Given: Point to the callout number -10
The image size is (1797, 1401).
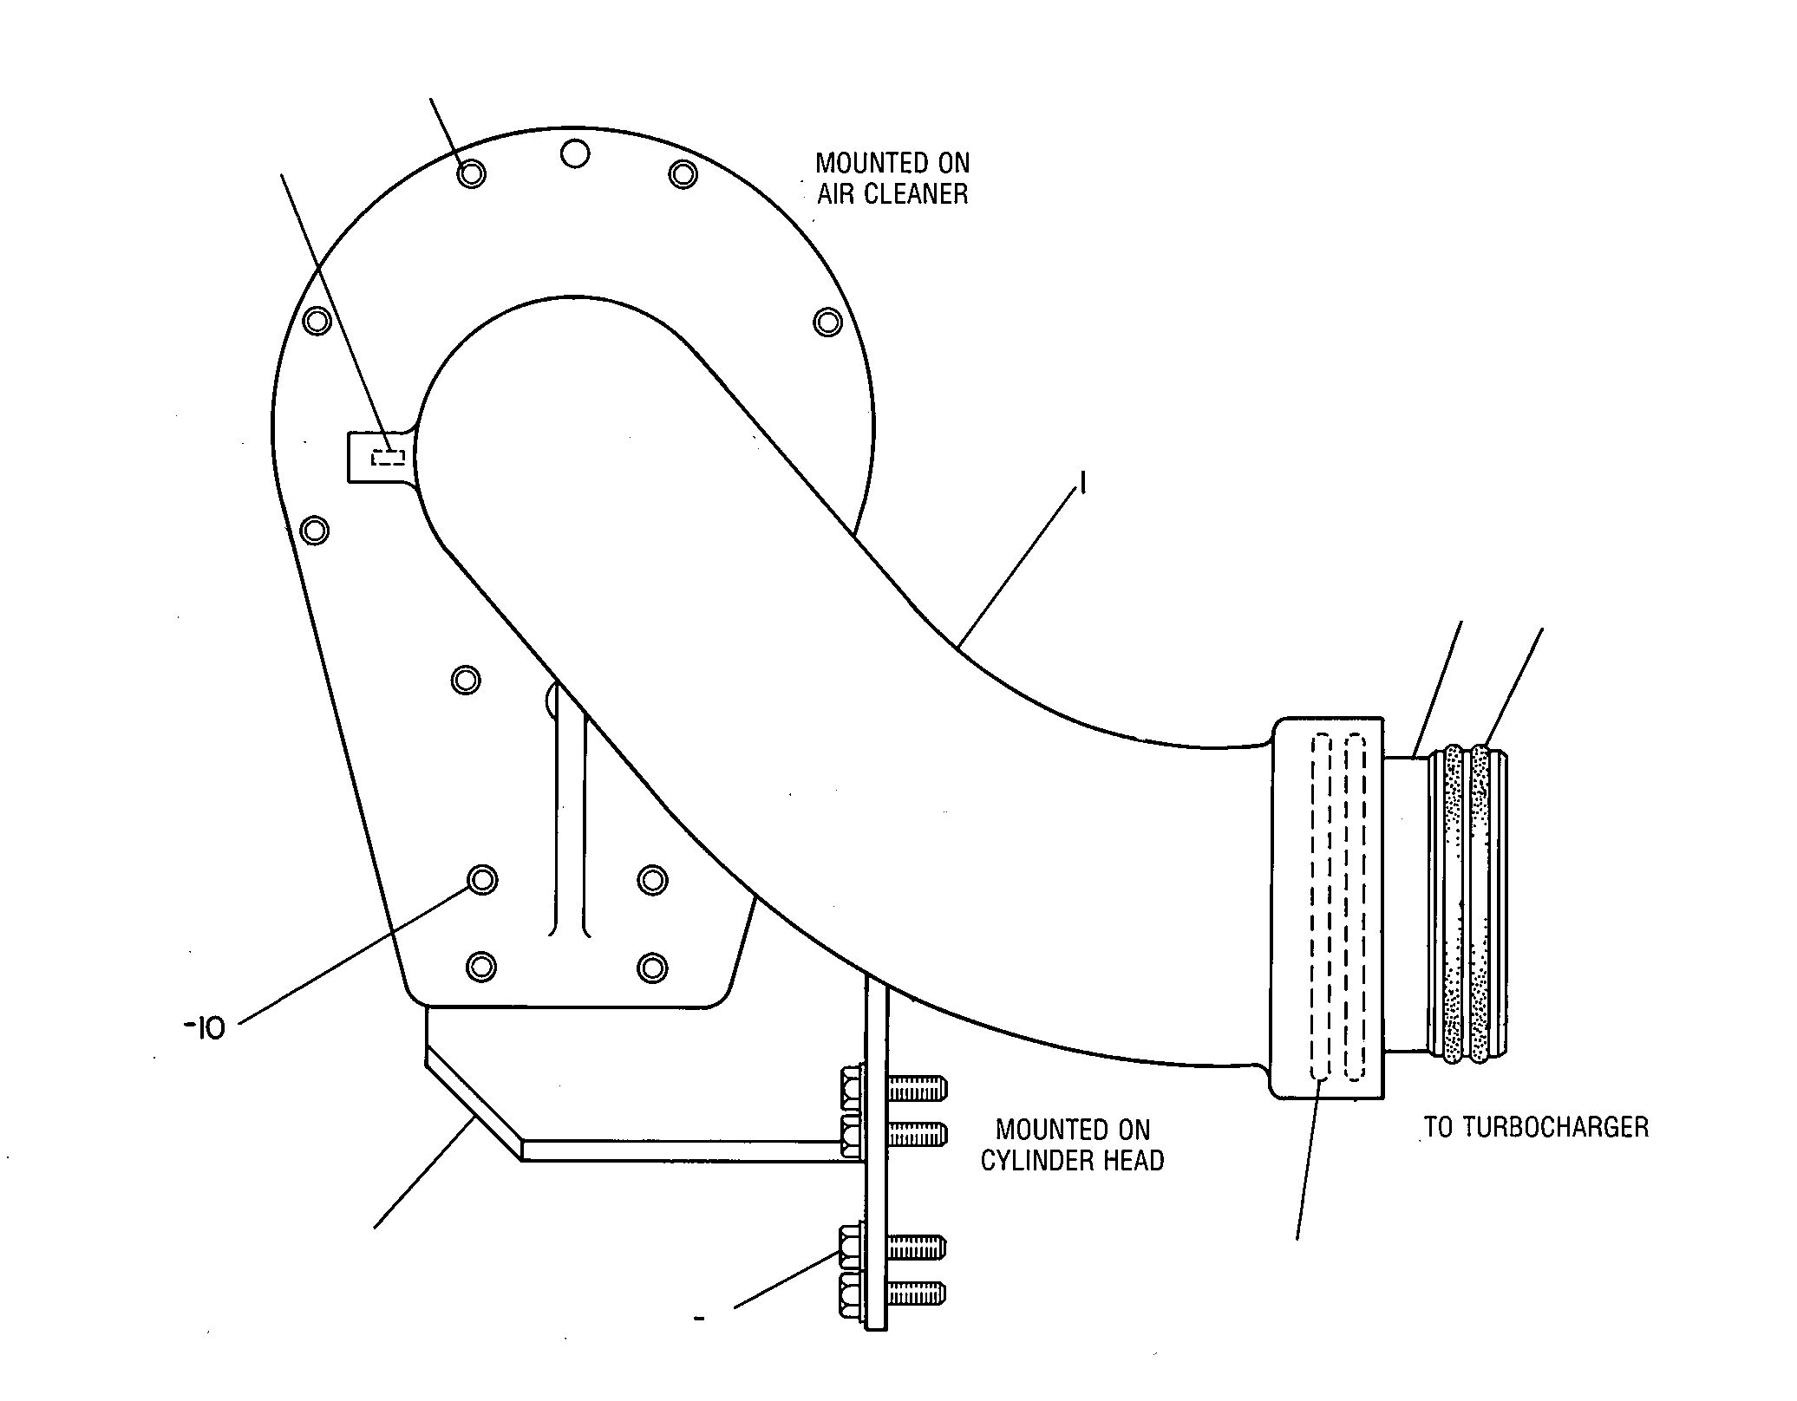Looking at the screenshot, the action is (x=205, y=1028).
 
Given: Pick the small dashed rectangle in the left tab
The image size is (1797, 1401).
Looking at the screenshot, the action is (x=388, y=457).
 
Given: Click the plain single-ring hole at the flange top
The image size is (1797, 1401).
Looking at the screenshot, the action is (x=574, y=154).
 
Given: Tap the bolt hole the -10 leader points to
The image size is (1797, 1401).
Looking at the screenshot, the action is (x=482, y=880).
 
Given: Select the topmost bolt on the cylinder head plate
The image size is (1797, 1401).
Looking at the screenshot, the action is (x=892, y=1087).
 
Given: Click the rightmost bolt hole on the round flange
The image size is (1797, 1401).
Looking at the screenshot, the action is (x=827, y=322).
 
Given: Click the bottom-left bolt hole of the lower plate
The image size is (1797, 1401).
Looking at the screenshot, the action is (x=481, y=966).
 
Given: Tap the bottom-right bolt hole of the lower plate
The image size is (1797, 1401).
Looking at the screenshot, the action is (x=652, y=966).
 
